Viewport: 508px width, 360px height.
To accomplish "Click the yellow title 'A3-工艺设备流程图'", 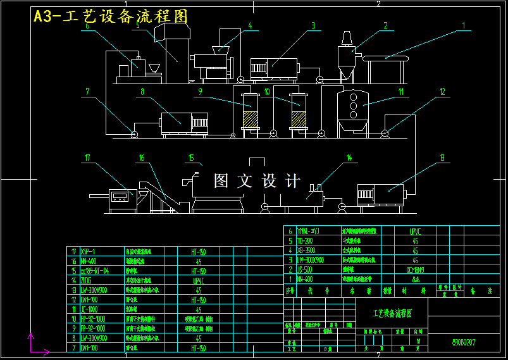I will coord(111,17).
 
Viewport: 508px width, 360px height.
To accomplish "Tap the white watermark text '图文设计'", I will coord(257,182).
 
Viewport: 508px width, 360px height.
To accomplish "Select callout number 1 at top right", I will coord(463,27).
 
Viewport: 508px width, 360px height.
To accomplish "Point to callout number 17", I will coord(87,157).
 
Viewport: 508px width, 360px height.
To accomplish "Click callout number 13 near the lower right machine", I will coord(442,157).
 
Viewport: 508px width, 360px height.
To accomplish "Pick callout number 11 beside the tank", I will coord(400,91).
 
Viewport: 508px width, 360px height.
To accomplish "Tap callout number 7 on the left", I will coord(88,92).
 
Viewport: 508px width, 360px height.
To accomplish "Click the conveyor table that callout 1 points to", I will coord(385,58).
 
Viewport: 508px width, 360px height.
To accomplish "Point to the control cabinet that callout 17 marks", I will coord(123,198).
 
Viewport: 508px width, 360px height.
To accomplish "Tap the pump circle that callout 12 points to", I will coord(383,133).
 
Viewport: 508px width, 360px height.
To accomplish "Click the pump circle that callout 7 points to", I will coord(133,133).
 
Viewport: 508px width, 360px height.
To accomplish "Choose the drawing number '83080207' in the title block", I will coord(464,342).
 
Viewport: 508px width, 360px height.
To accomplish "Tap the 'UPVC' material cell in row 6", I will coord(415,232).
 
